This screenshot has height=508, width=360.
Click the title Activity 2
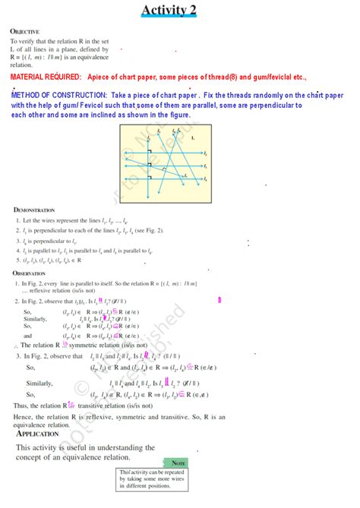pyautogui.click(x=179, y=9)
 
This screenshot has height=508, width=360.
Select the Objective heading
pyautogui.click(x=24, y=31)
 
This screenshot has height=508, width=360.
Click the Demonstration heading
pyautogui.click(x=34, y=209)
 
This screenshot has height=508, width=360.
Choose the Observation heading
pyautogui.click(x=31, y=273)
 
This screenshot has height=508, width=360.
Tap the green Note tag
pyautogui.click(x=178, y=462)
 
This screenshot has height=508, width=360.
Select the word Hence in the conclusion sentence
pyautogui.click(x=23, y=417)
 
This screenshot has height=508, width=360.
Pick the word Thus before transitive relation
pyautogui.click(x=21, y=406)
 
